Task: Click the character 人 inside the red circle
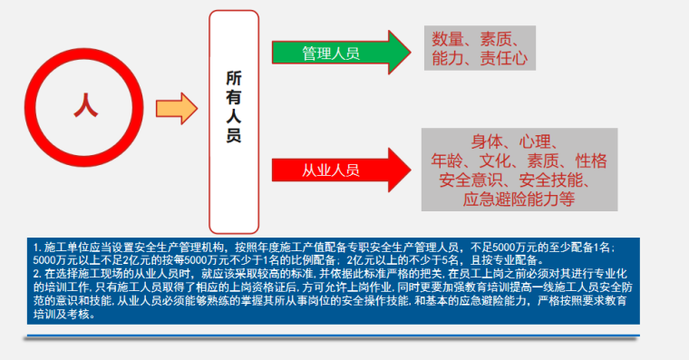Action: point(86,105)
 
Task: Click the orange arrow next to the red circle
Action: point(176,109)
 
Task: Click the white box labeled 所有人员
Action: point(233,109)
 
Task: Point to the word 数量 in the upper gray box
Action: point(449,39)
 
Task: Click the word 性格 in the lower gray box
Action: point(591,161)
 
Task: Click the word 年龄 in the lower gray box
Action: point(449,161)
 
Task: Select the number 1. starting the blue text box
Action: point(36,247)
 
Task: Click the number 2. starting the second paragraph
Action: point(36,272)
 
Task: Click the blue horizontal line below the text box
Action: point(335,336)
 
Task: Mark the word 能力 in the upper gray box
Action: point(449,60)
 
